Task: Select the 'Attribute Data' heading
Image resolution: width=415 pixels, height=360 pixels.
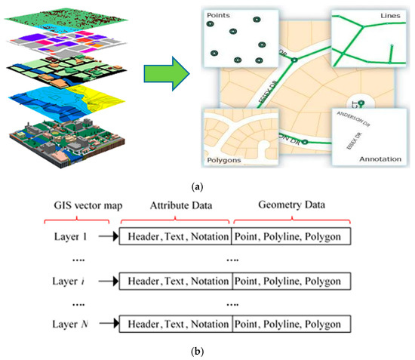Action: [x=174, y=205]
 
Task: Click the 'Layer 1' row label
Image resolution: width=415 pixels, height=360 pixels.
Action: [x=71, y=236]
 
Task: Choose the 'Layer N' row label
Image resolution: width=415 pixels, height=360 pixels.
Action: [x=71, y=325]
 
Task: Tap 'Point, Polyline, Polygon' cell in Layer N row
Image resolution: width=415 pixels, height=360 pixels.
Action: [x=292, y=325]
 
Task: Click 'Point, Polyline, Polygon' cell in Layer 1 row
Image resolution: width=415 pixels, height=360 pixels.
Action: [x=292, y=236]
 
